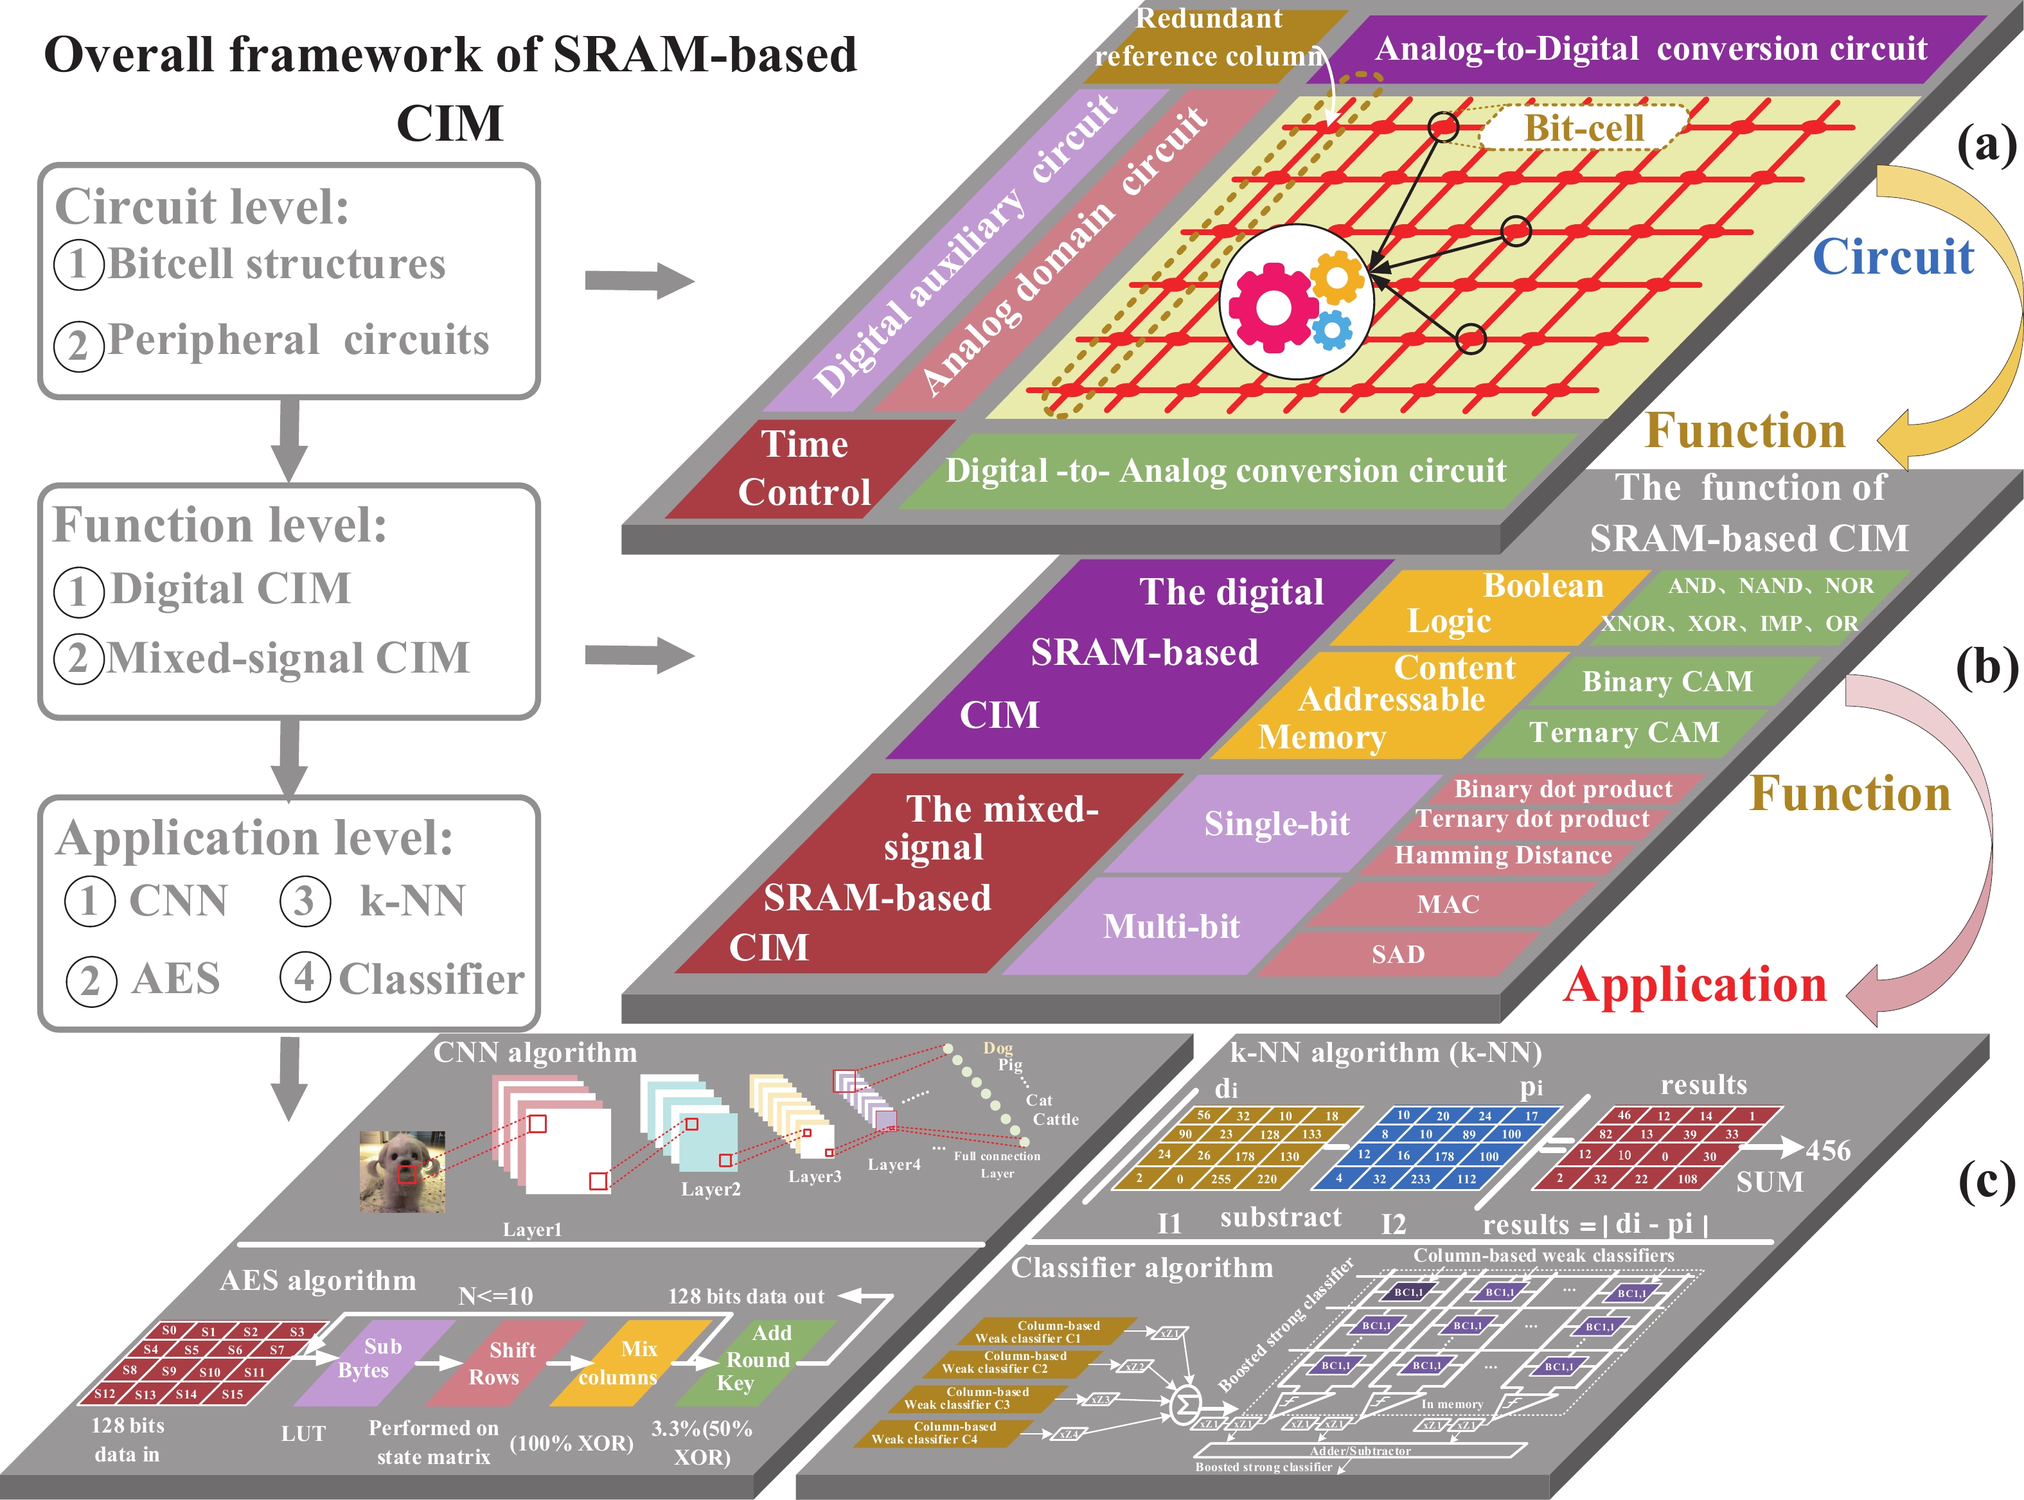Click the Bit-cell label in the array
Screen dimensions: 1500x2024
click(x=1584, y=128)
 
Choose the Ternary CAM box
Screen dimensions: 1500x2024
click(x=1624, y=732)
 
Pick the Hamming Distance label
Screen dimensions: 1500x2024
click(x=1503, y=855)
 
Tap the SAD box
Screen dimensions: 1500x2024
click(x=1398, y=955)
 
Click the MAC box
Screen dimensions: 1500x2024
click(x=1448, y=904)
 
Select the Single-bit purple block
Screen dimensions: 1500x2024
click(x=1276, y=824)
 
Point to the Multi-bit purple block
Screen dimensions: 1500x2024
click(x=1171, y=926)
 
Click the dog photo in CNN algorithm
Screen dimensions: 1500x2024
click(x=402, y=1171)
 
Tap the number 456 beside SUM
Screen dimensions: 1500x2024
click(x=1827, y=1151)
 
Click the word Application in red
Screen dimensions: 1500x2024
click(x=1694, y=985)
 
